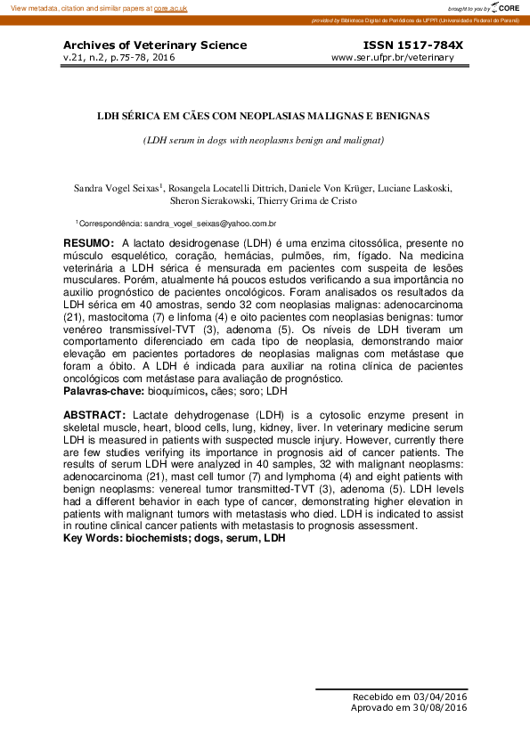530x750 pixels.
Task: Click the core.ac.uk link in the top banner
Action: [170, 8]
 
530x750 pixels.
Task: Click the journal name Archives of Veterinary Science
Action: [155, 45]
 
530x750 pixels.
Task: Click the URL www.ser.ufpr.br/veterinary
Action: [392, 58]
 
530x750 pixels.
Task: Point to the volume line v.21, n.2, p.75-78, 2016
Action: [118, 58]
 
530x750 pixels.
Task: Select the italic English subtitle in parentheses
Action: [264, 141]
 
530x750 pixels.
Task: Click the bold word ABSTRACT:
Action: [94, 415]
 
